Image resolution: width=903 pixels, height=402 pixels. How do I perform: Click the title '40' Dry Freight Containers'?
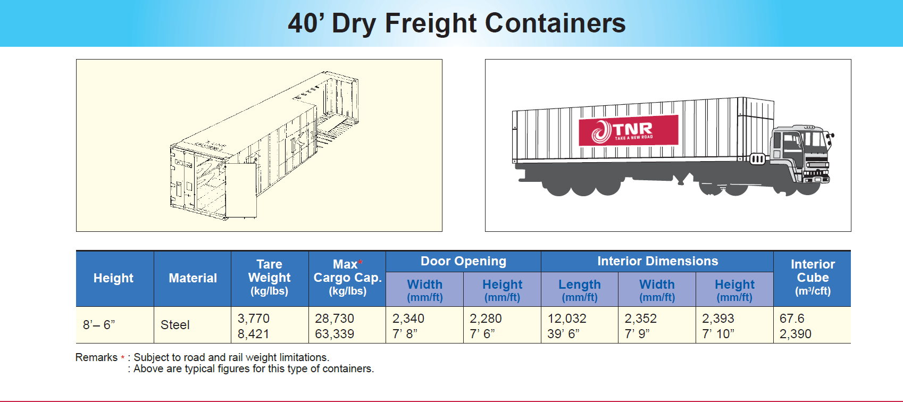pos(456,23)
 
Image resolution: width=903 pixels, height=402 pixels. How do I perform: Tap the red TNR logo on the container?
pos(628,130)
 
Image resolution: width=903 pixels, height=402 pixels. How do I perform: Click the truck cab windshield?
pos(814,139)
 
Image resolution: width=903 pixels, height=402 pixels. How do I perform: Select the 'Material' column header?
pos(193,278)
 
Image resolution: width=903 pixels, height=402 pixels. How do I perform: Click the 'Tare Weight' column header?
pos(269,277)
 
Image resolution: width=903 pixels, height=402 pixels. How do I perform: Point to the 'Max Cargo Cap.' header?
pos(347,277)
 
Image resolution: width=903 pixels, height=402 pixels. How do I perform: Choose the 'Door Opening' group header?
pos(463,261)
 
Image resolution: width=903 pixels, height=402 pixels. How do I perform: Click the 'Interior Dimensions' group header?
pos(657,261)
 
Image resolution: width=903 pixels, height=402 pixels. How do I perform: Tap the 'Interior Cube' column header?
pos(813,277)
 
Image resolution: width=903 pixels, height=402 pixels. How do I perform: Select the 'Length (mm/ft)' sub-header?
pos(580,290)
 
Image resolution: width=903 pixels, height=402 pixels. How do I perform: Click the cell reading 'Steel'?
pos(175,325)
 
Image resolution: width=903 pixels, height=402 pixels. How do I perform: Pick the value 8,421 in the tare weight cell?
pos(253,334)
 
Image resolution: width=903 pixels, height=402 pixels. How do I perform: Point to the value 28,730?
pos(335,319)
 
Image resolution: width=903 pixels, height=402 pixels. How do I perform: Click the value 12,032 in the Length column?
pos(567,319)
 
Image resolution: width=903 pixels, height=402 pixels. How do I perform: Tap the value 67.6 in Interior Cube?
pos(792,319)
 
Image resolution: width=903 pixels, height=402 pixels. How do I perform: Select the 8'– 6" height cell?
pos(99,325)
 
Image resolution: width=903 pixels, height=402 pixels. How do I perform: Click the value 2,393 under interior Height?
pos(718,319)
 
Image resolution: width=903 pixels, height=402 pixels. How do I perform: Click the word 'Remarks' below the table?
pos(96,357)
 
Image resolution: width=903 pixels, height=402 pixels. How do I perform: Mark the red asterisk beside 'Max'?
pos(360,262)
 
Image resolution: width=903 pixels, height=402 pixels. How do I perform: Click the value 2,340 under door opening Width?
pos(408,319)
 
